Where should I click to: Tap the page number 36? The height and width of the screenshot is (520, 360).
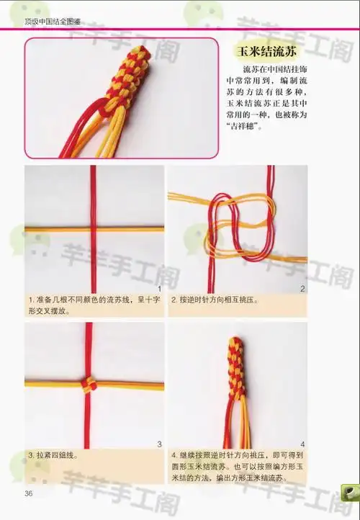pyautogui.click(x=29, y=493)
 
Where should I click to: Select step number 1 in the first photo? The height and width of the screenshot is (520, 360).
pyautogui.click(x=158, y=288)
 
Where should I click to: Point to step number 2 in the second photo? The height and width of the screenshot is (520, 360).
pyautogui.click(x=302, y=288)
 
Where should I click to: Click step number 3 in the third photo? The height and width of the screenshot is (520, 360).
pyautogui.click(x=158, y=444)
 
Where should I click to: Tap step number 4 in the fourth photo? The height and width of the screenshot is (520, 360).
pyautogui.click(x=302, y=444)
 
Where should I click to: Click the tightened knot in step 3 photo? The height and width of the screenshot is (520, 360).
pyautogui.click(x=89, y=383)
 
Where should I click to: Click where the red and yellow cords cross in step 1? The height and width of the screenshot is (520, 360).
pyautogui.click(x=92, y=228)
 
